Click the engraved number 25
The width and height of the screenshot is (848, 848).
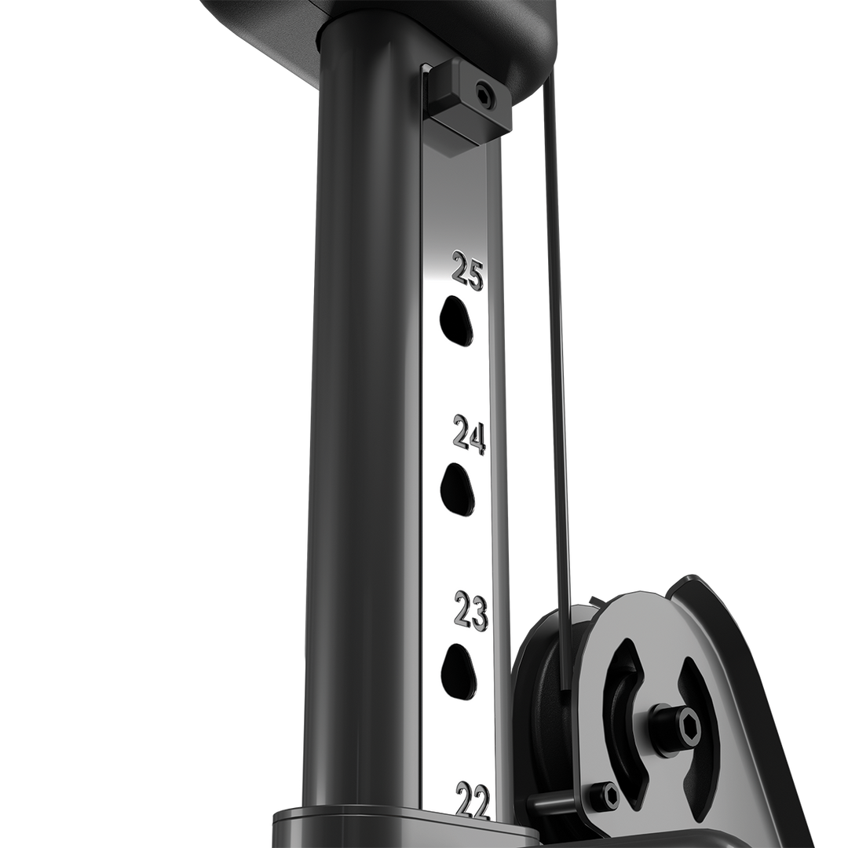(468, 271)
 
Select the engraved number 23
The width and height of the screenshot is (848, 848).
(471, 612)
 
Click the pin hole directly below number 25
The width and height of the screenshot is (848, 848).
(456, 320)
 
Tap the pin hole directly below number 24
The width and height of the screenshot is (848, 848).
(458, 489)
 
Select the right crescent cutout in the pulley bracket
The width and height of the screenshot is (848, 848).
(699, 726)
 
